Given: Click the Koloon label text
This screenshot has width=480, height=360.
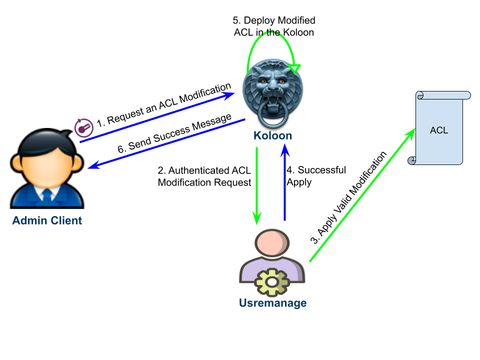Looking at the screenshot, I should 272,135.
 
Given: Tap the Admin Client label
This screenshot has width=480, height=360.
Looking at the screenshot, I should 47,220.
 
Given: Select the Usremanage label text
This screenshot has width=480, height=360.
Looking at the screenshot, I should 272,303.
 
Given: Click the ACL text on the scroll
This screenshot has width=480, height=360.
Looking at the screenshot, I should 438,130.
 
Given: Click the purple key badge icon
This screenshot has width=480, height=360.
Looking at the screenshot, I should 84,128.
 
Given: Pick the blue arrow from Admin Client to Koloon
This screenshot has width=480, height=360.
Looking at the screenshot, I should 155,118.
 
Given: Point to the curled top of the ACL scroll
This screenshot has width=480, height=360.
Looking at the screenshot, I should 443,95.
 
